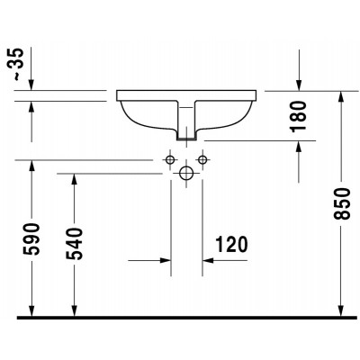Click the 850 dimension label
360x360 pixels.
(342, 203)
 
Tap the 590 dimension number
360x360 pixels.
(31, 238)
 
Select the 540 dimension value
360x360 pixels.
(74, 244)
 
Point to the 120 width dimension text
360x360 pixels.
(231, 244)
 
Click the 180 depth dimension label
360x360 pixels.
(299, 116)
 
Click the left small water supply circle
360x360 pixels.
(170, 159)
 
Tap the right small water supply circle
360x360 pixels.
(202, 159)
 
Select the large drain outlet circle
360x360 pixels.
(186, 173)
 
